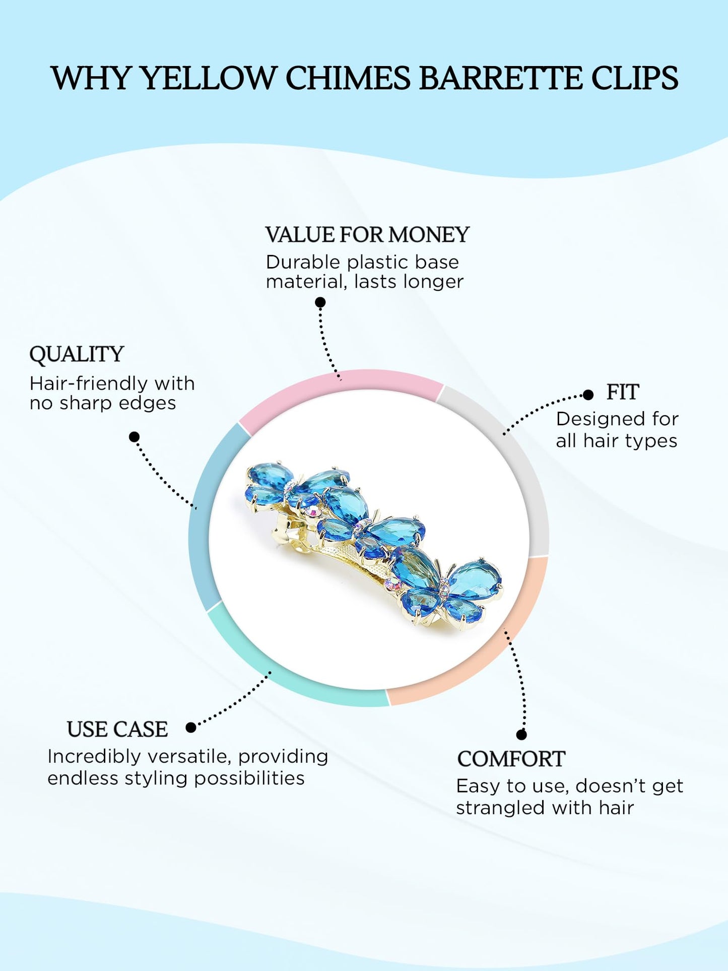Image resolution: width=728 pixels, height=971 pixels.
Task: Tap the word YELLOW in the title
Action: coord(207,78)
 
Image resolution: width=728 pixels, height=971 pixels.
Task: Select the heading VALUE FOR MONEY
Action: coord(367,235)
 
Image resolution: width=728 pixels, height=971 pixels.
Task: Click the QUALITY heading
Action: coord(77,354)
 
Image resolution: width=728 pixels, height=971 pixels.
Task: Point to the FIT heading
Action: coord(623,392)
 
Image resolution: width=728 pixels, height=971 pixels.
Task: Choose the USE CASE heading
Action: coord(117,729)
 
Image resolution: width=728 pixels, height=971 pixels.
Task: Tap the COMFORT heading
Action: coord(511,759)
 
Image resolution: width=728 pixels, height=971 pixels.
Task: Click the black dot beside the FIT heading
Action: coord(588,395)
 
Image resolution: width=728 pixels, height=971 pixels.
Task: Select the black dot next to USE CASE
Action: coord(191,727)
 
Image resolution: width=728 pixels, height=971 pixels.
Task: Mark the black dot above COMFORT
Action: coord(521,735)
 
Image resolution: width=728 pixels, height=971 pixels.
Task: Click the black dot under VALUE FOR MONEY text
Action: coord(320,302)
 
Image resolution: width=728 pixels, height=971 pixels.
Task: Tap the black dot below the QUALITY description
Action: coord(134,437)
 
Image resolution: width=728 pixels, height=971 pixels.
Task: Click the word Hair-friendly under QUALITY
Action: coord(89,383)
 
